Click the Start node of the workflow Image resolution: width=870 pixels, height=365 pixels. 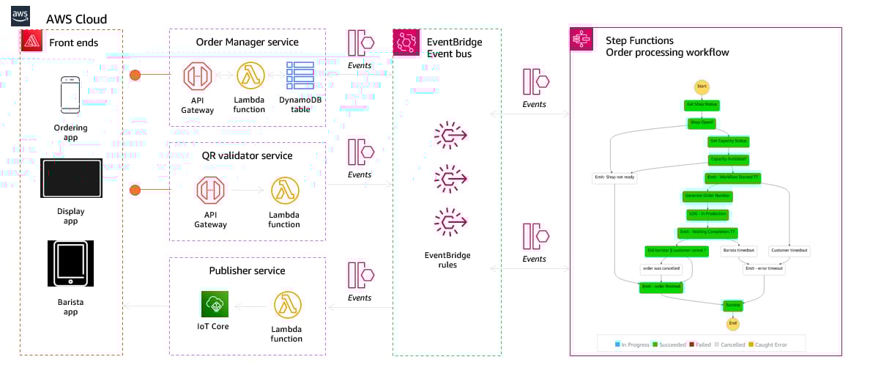coord(701,86)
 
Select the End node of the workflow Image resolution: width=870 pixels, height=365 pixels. coord(732,322)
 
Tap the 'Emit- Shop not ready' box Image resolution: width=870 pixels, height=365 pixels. coord(614,177)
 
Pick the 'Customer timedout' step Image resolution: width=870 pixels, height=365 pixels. coord(790,251)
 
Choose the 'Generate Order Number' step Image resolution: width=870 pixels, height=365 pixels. coord(708,196)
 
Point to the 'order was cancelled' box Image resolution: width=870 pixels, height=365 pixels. coord(661,268)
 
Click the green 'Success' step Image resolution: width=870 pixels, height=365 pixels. coord(732,304)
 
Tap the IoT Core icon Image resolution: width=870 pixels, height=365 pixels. coord(215,304)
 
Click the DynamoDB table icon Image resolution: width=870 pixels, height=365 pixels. coord(300,76)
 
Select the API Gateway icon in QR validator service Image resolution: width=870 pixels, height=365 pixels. coord(210,191)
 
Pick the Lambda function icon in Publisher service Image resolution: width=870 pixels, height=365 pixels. coord(286,305)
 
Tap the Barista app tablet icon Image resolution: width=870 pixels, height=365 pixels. coord(70,263)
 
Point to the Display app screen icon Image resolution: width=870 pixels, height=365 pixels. coord(70,179)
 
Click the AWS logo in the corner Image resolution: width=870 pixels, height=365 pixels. coord(21,16)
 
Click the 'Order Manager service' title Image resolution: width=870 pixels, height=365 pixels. coord(247,43)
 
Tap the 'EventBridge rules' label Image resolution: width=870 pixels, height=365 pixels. coord(447,259)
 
